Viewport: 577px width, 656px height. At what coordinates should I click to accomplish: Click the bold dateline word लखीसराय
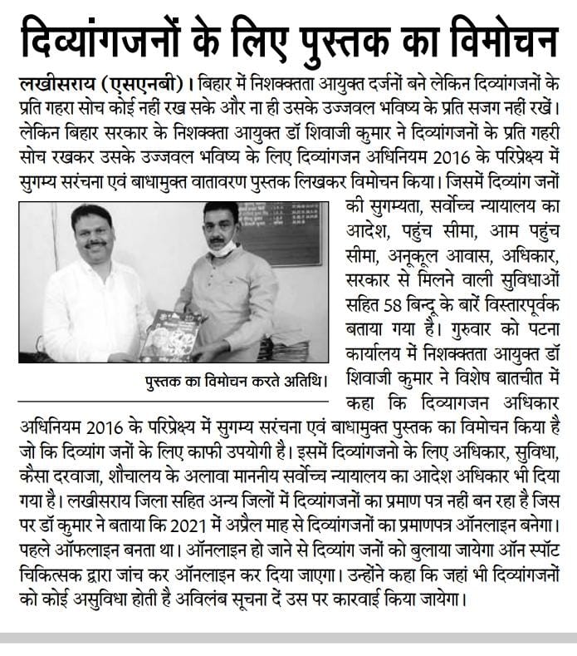pos(57,86)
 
